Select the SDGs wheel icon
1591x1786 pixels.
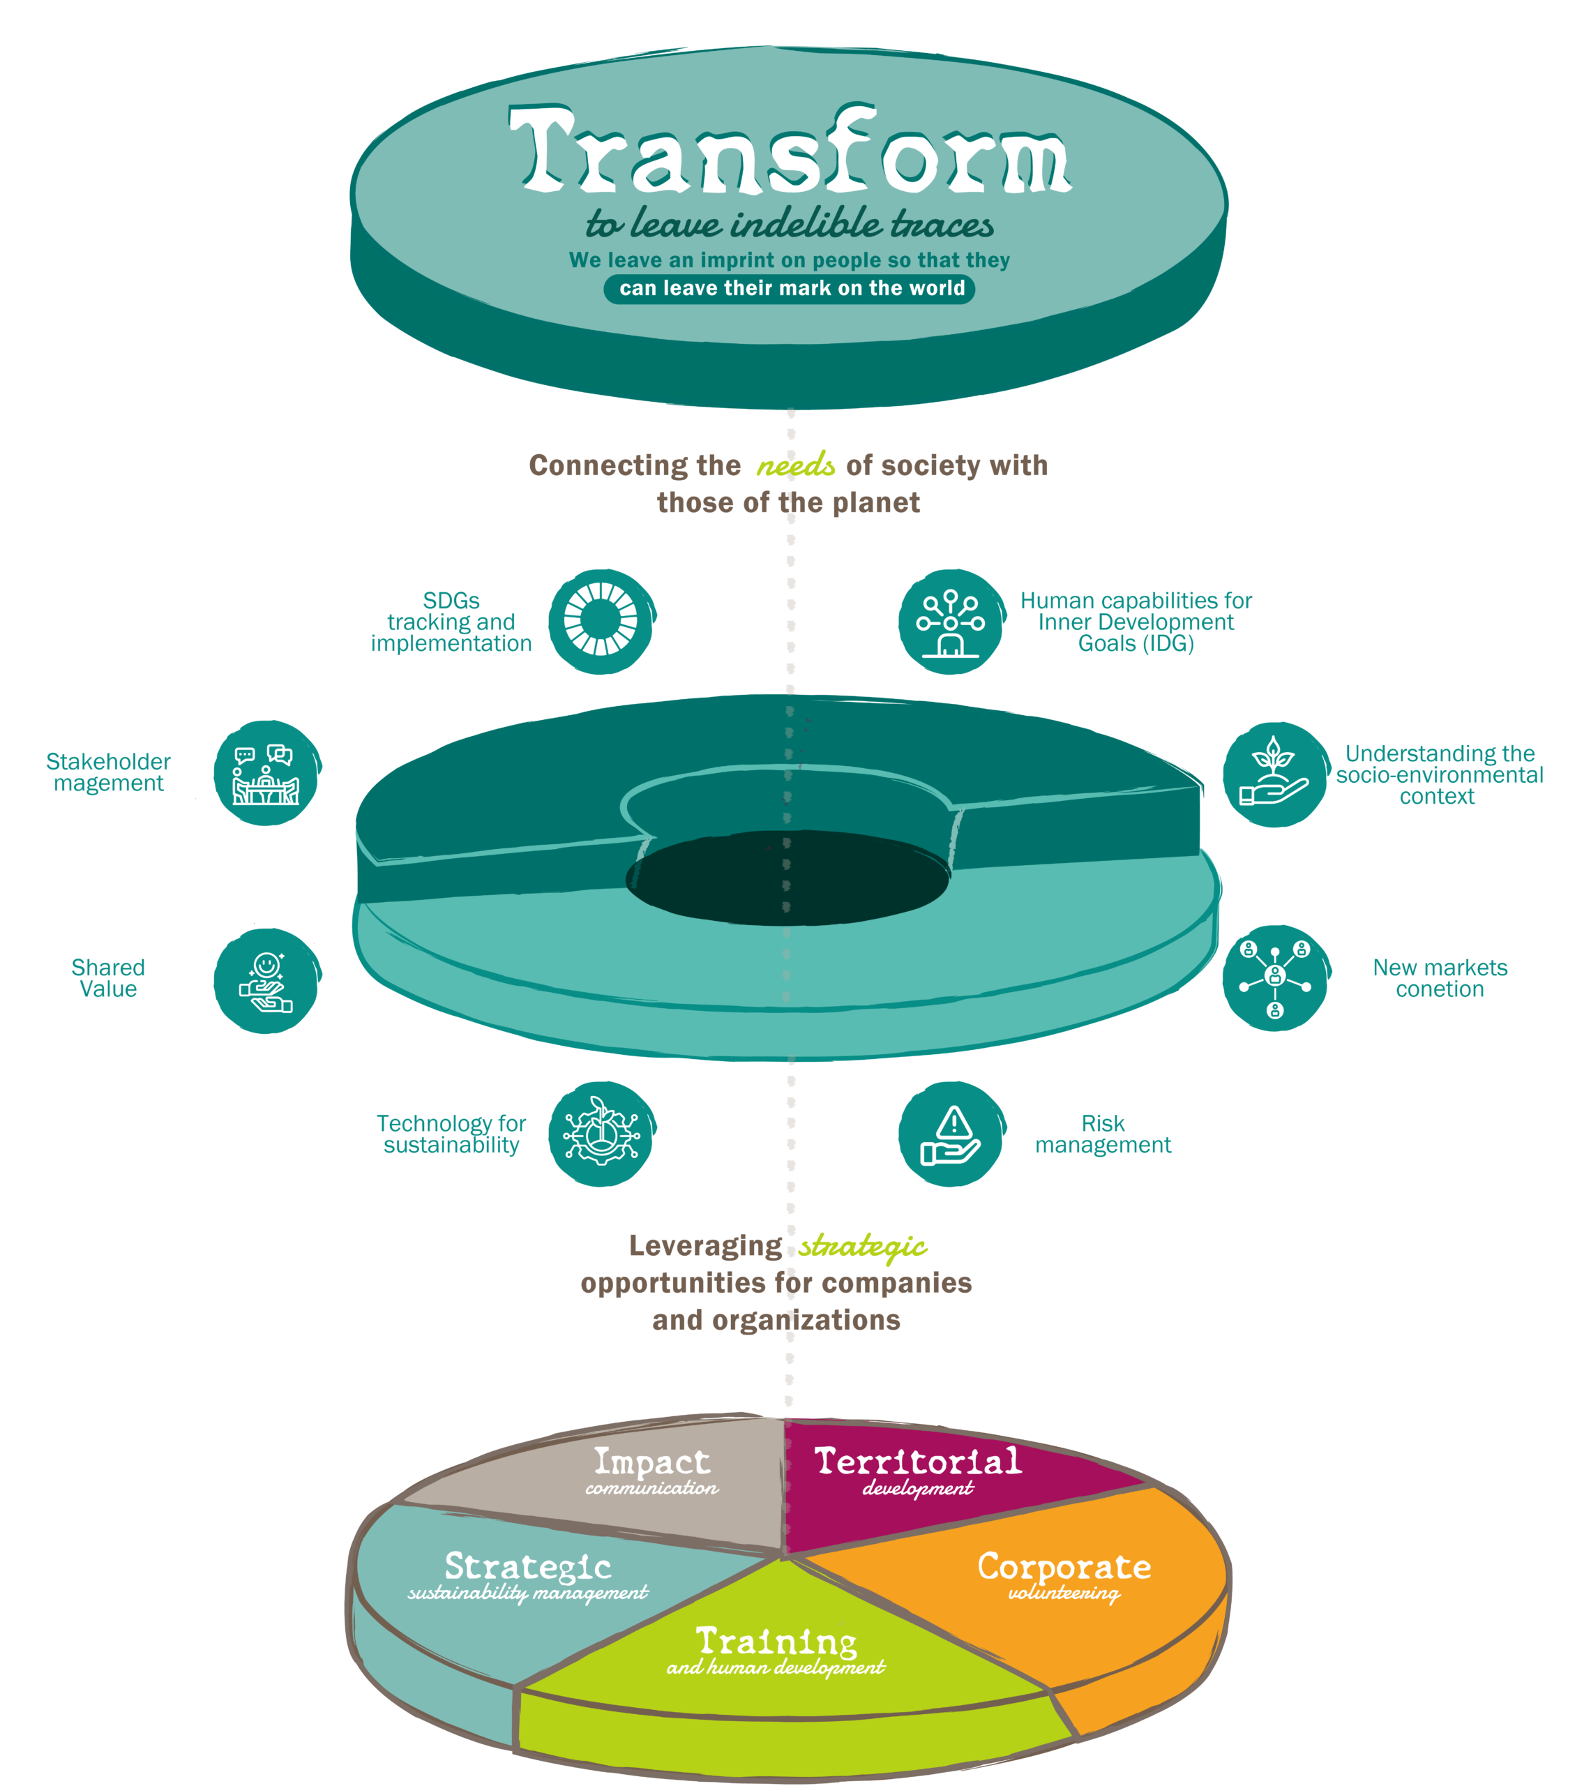(x=601, y=622)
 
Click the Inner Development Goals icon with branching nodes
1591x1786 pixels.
(x=951, y=622)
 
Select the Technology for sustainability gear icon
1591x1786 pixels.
(x=601, y=1134)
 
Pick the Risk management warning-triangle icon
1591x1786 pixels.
(x=952, y=1134)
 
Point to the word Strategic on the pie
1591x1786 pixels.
(x=527, y=1566)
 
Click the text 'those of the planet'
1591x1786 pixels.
(x=788, y=503)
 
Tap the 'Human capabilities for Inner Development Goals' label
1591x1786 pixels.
(x=1136, y=622)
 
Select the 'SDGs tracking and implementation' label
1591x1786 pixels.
(x=451, y=622)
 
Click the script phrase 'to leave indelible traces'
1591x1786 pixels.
(x=790, y=224)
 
